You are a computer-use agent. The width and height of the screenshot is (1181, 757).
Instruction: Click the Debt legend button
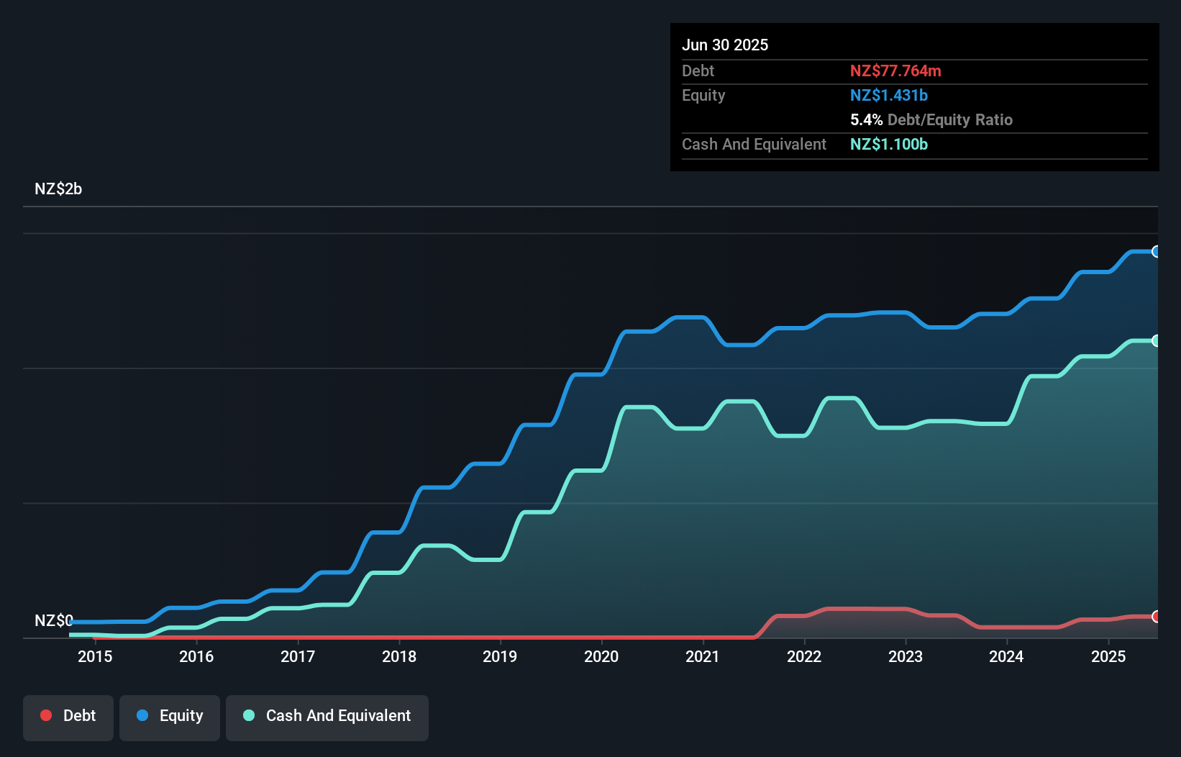pos(68,717)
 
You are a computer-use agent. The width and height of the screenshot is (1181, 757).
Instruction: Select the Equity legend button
pos(170,717)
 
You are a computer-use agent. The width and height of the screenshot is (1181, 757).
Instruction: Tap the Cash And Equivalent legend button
pos(327,717)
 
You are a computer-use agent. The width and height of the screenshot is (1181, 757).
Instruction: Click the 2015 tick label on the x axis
pos(95,656)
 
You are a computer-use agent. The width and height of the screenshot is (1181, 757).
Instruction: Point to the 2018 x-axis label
pos(399,656)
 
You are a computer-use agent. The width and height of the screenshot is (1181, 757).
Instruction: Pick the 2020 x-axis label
pos(601,656)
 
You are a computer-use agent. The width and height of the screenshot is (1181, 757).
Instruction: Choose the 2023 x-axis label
pos(906,656)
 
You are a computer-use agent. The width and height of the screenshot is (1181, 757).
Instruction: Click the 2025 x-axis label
pos(1108,656)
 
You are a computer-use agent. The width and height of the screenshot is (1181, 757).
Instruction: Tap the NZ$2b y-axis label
pos(58,189)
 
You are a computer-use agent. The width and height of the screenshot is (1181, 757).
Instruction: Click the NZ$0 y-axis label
pos(53,620)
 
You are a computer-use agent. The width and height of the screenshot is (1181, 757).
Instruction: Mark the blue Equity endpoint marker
pos(1157,251)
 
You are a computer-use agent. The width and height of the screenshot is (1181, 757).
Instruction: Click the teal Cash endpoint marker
pos(1157,340)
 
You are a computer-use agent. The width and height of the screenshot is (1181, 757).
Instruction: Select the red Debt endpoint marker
pos(1157,616)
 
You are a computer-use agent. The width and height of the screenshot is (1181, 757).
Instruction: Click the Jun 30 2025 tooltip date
pos(725,45)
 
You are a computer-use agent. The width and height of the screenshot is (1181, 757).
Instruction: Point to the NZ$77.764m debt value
pos(895,71)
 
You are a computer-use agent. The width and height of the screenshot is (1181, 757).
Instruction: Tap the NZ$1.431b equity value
pos(889,95)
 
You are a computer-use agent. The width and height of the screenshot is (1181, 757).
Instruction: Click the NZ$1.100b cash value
pos(889,144)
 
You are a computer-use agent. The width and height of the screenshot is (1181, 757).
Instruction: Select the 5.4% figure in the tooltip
pos(866,120)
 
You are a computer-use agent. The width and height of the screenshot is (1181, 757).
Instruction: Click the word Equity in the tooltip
pos(703,95)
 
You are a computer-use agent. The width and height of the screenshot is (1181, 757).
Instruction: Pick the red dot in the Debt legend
pos(46,715)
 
